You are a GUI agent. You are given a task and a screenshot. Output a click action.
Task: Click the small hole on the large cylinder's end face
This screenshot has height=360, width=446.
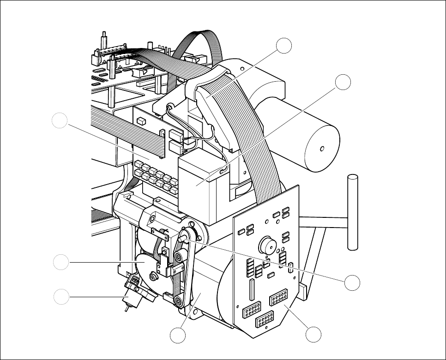[x=322, y=149]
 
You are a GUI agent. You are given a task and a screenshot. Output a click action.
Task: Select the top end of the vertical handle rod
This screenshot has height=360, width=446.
[x=353, y=177]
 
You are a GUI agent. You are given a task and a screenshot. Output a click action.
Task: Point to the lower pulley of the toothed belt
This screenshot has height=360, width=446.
[x=177, y=301]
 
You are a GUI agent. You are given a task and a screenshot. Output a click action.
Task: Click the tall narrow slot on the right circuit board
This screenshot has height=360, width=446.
[x=252, y=289]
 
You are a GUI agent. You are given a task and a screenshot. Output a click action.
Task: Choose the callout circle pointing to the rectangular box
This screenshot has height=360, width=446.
[x=343, y=82]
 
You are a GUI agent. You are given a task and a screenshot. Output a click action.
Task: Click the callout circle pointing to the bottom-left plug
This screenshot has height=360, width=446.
[x=60, y=297]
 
